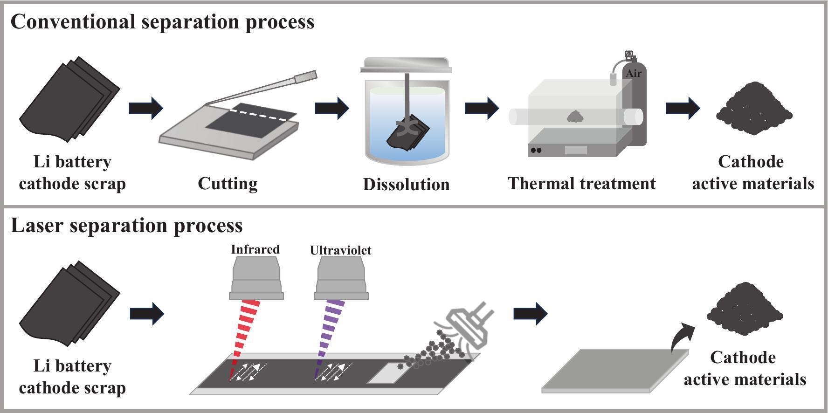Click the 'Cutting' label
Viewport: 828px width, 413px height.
[228, 184]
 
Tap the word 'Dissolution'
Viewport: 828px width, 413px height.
[406, 185]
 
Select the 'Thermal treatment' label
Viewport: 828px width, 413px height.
[581, 184]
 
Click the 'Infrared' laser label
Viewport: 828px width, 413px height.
[255, 249]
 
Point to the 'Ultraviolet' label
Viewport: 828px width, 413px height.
[340, 250]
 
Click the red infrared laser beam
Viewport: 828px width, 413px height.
[246, 336]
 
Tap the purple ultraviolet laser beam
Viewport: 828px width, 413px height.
[331, 336]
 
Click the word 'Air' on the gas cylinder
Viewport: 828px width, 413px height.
[634, 74]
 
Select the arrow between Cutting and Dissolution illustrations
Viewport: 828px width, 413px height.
[332, 108]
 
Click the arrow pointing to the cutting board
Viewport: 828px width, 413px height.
[146, 108]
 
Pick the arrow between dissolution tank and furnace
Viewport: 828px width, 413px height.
[482, 108]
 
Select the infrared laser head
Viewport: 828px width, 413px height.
[256, 279]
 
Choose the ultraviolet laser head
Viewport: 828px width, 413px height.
[341, 279]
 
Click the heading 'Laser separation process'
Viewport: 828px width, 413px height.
[127, 226]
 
